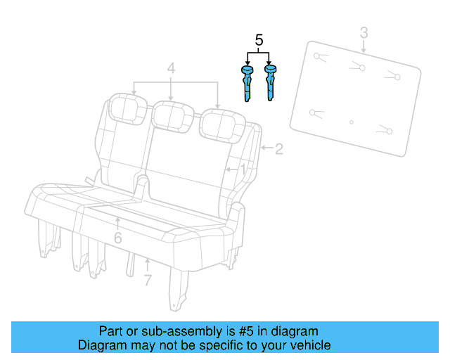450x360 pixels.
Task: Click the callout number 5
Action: coord(259,41)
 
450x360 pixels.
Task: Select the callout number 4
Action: coord(170,69)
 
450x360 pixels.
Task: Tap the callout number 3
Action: coord(364,32)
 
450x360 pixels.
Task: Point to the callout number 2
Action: coord(278,148)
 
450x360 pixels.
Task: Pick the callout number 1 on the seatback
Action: coord(243,169)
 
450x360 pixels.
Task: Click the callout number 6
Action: coord(117,238)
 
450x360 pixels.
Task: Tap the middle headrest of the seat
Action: coord(173,115)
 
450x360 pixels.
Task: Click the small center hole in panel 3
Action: coord(352,122)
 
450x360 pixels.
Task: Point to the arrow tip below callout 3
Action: coord(364,51)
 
